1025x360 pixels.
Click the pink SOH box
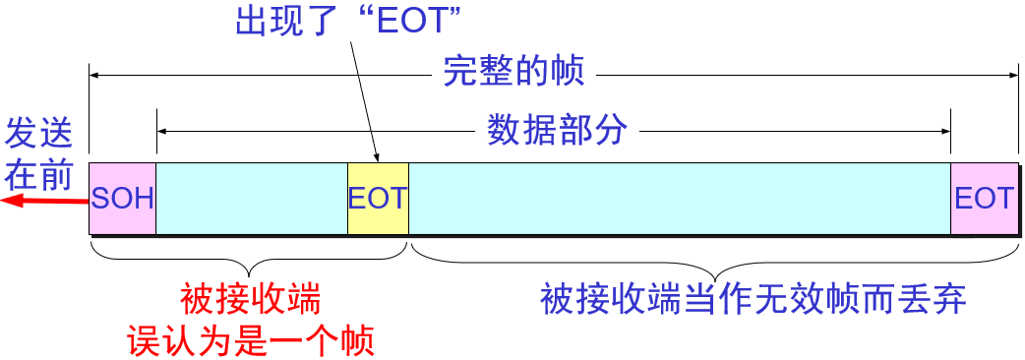pyautogui.click(x=122, y=199)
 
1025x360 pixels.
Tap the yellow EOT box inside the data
pyautogui.click(x=378, y=199)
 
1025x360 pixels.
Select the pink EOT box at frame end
pyautogui.click(x=984, y=199)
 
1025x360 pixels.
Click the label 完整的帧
pyautogui.click(x=513, y=72)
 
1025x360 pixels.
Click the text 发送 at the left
pyautogui.click(x=37, y=133)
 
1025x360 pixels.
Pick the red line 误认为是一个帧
pyautogui.click(x=250, y=340)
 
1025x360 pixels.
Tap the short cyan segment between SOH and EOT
pyautogui.click(x=251, y=199)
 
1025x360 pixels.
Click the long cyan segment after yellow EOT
pyautogui.click(x=679, y=199)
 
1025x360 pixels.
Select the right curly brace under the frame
pyautogui.click(x=714, y=260)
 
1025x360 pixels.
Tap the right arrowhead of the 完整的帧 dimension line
pyautogui.click(x=1013, y=72)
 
